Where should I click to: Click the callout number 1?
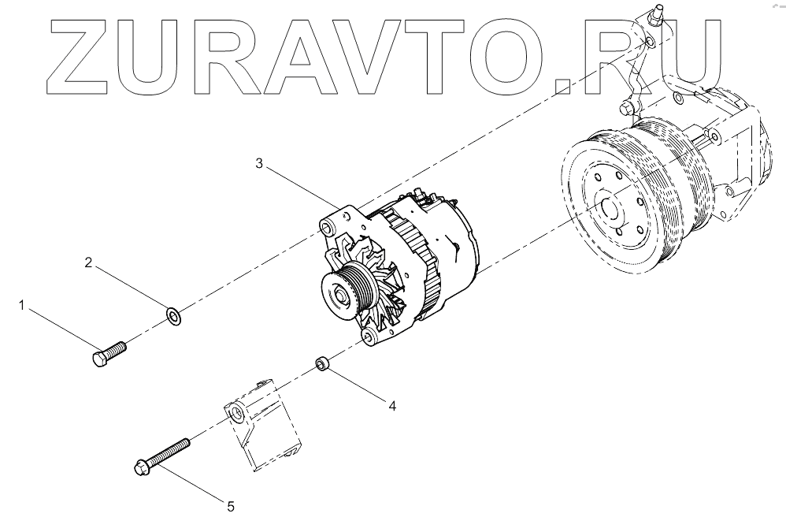click(23, 303)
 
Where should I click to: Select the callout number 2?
click(89, 262)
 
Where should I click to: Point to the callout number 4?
click(391, 406)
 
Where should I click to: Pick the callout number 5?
click(231, 507)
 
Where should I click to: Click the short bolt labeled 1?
click(109, 354)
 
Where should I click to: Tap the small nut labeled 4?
click(321, 363)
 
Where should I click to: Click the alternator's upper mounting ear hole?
click(324, 228)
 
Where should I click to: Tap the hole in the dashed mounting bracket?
click(235, 412)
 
